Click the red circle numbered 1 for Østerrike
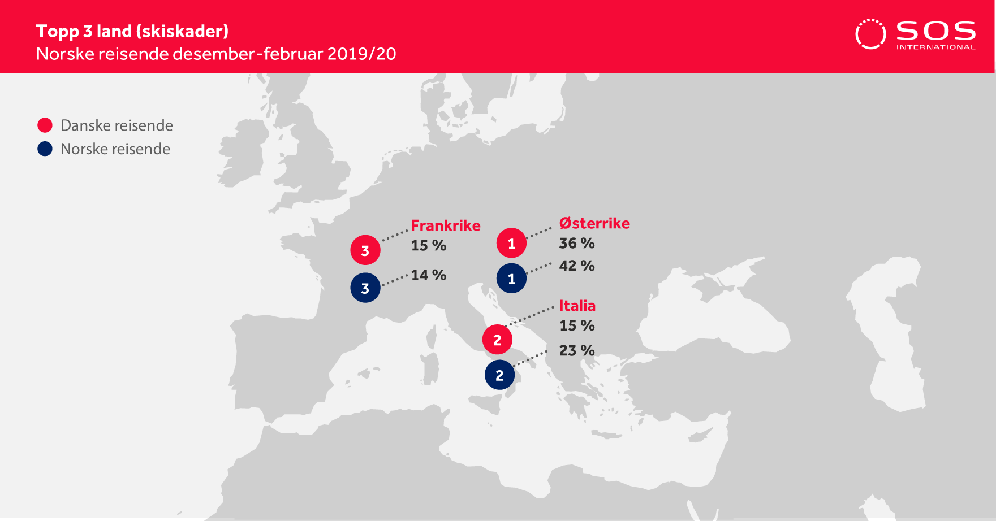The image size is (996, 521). pyautogui.click(x=511, y=243)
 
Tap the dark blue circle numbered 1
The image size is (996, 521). pyautogui.click(x=511, y=278)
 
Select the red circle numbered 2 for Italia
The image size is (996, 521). pyautogui.click(x=497, y=340)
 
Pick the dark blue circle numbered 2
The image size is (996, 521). pyautogui.click(x=499, y=375)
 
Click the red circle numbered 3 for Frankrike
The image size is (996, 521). pyautogui.click(x=365, y=250)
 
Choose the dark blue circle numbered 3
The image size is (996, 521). pyautogui.click(x=365, y=288)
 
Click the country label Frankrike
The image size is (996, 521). pyautogui.click(x=446, y=225)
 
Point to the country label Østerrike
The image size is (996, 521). pyautogui.click(x=594, y=223)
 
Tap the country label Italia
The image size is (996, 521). pyautogui.click(x=577, y=306)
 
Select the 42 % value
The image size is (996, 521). pyautogui.click(x=577, y=266)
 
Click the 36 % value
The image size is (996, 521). pyautogui.click(x=577, y=243)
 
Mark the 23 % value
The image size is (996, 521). pyautogui.click(x=577, y=350)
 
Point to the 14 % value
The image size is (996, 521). pyautogui.click(x=429, y=275)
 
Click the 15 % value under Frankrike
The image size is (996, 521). pyautogui.click(x=429, y=245)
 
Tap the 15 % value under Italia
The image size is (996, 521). pyautogui.click(x=577, y=325)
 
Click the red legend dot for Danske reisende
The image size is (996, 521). pyautogui.click(x=45, y=125)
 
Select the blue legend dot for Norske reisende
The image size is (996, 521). pyautogui.click(x=45, y=149)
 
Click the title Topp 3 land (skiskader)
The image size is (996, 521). pyautogui.click(x=132, y=31)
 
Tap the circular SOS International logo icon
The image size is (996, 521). pyautogui.click(x=870, y=34)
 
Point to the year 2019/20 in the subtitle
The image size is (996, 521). pyautogui.click(x=362, y=54)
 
